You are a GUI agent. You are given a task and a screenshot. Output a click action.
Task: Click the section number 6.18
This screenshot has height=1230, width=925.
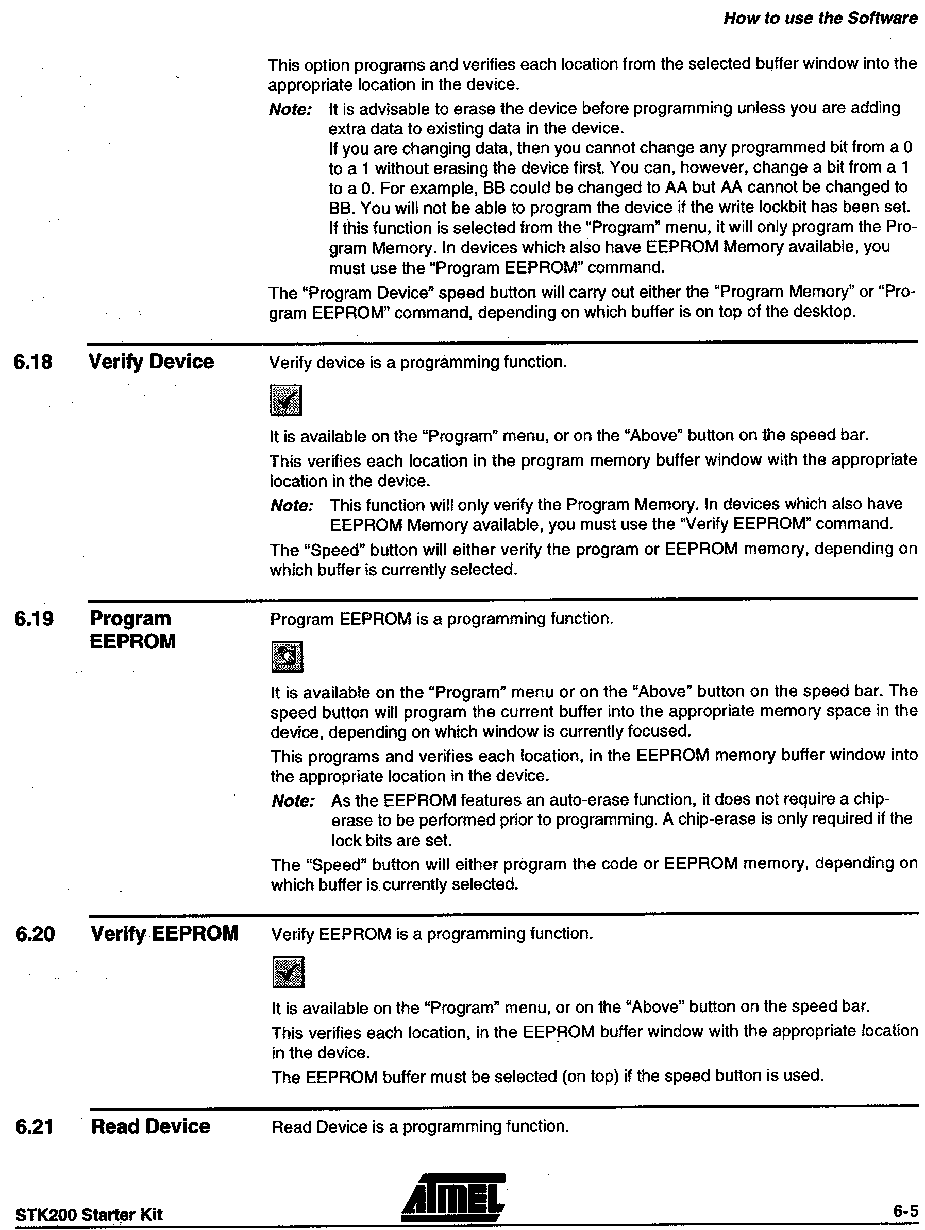tap(33, 363)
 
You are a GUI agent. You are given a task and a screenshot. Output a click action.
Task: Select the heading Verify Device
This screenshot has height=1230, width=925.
tap(152, 362)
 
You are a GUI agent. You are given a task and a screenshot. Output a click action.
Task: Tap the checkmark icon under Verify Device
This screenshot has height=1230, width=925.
tap(286, 400)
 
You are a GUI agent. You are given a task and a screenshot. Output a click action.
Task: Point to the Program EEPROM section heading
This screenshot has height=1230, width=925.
tap(132, 630)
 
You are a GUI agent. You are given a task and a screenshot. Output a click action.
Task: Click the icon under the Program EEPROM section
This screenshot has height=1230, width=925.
tap(287, 657)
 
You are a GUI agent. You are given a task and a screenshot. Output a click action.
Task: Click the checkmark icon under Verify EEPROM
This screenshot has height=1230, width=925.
tap(288, 972)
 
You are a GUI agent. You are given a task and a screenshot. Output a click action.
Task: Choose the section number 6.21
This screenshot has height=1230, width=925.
tap(35, 1127)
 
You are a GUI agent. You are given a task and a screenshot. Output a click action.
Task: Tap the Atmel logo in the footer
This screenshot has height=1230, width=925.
tap(453, 1197)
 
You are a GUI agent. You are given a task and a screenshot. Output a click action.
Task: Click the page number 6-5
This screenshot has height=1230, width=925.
tap(905, 1211)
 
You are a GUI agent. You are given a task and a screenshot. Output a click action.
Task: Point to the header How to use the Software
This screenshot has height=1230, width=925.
tap(820, 19)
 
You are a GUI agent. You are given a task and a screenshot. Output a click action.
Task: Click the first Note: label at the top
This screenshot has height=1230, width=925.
tap(290, 110)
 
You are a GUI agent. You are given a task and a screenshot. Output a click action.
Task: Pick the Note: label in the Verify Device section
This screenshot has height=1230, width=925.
tap(292, 506)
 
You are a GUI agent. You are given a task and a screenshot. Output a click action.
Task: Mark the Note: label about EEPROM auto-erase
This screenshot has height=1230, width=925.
tap(293, 801)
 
